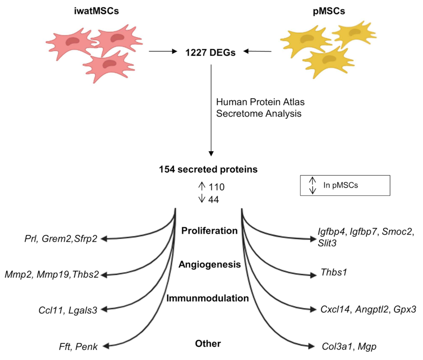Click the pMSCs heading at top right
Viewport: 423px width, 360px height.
point(329,11)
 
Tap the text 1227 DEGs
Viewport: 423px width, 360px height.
point(210,52)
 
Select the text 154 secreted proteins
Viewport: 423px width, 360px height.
point(208,169)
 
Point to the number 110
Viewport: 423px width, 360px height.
point(216,187)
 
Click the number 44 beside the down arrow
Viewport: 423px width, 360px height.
point(214,199)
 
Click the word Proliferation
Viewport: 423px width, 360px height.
point(209,231)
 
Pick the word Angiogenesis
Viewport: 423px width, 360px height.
point(209,264)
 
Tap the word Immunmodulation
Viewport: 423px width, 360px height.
point(207,298)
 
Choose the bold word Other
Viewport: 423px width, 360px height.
point(208,343)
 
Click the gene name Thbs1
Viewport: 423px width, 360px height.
point(334,272)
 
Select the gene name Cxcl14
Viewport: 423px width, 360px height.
point(335,309)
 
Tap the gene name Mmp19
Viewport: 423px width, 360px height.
point(53,275)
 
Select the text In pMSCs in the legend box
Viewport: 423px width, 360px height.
point(340,185)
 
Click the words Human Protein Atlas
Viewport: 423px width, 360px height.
point(260,102)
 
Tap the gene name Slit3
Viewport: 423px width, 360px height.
point(327,243)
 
